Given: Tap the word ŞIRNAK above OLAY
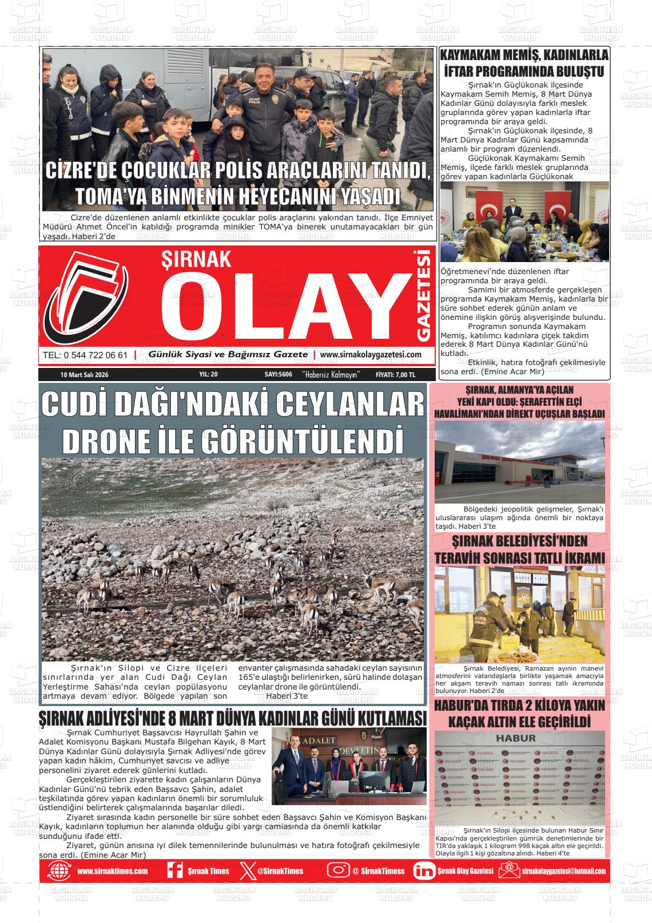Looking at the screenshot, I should click(x=197, y=260).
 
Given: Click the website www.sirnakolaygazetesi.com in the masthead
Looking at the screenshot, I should click(x=371, y=355).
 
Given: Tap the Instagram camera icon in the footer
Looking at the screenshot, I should click(x=338, y=870).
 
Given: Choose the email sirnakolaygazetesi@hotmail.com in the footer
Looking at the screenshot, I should click(x=563, y=871).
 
